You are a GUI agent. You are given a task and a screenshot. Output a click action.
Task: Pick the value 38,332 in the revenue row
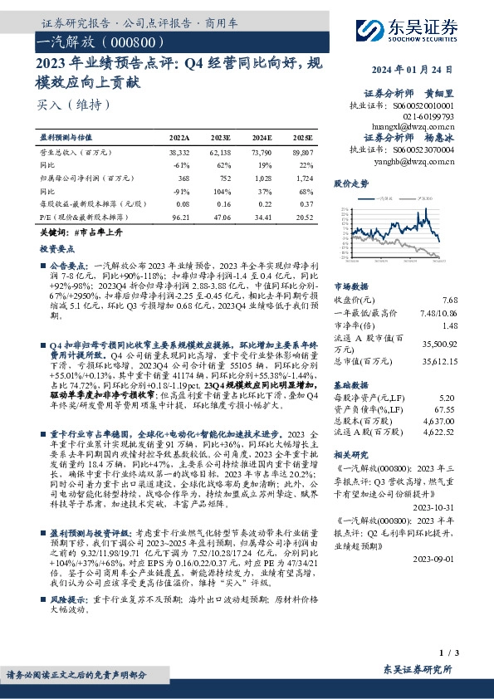(x=180, y=154)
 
